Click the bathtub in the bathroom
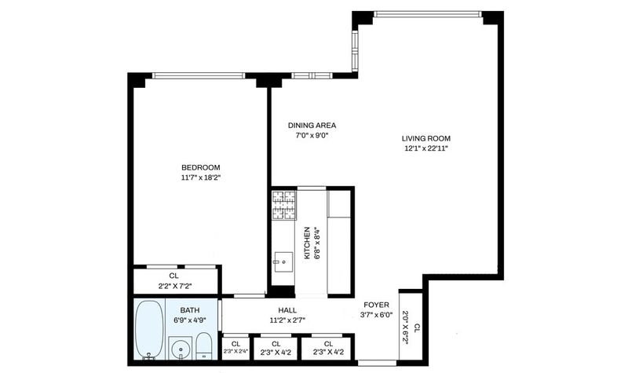click(149, 329)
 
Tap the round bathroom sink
click(181, 349)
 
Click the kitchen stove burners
click(284, 205)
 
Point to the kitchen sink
click(283, 262)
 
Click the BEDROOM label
click(201, 167)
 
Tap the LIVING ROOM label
click(426, 139)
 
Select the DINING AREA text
click(312, 126)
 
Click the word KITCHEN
click(307, 243)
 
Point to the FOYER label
click(376, 305)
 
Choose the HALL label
click(287, 310)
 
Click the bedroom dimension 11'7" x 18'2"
click(201, 178)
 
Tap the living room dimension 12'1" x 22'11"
click(426, 148)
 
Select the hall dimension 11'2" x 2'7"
click(287, 320)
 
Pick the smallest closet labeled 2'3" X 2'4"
click(236, 348)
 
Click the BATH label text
click(189, 310)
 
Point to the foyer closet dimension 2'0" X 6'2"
click(407, 327)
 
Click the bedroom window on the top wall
click(199, 75)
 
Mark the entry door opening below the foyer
click(377, 363)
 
